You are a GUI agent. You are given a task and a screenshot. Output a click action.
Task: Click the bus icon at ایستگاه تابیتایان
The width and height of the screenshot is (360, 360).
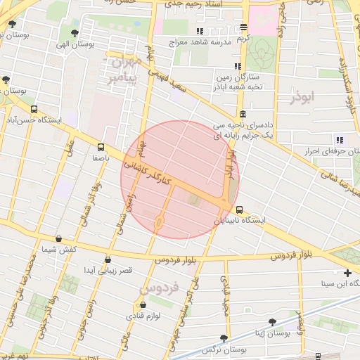pyautogui.click(x=240, y=210)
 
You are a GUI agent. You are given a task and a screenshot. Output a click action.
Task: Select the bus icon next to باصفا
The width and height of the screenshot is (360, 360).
pyautogui.click(x=101, y=148)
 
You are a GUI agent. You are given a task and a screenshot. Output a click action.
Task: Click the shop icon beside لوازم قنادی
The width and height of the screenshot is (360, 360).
pyautogui.click(x=144, y=305)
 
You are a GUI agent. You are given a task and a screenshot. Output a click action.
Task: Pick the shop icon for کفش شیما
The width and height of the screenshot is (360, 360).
pyautogui.click(x=58, y=238)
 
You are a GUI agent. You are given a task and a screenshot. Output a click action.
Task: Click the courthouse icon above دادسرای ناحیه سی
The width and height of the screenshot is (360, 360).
pyautogui.click(x=243, y=115)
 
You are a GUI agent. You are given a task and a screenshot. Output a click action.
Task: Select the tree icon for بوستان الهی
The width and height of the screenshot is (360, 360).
pyautogui.click(x=75, y=32)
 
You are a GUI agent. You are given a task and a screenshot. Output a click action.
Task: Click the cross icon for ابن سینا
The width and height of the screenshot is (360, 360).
pyautogui.click(x=347, y=273)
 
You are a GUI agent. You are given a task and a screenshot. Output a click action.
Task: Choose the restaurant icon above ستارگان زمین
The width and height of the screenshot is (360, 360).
pyautogui.click(x=238, y=66)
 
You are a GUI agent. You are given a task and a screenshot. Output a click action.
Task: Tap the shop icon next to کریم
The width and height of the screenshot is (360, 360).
pyautogui.click(x=243, y=27)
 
